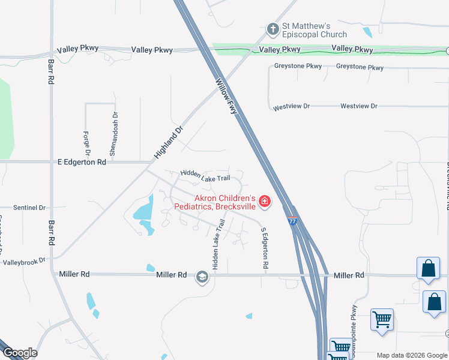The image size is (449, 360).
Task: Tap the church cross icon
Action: point(272,29)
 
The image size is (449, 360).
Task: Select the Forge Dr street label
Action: point(87,142)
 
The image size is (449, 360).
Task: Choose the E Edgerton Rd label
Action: point(82,162)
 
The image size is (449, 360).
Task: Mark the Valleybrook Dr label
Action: point(25,262)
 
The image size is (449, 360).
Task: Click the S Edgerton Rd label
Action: point(264,247)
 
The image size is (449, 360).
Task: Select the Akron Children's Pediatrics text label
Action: point(215,202)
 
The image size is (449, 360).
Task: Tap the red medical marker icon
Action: point(264,202)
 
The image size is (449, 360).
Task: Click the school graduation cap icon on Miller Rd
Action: point(202,276)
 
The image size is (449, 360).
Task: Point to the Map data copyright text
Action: point(412,355)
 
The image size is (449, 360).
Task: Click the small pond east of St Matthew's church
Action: point(367,32)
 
